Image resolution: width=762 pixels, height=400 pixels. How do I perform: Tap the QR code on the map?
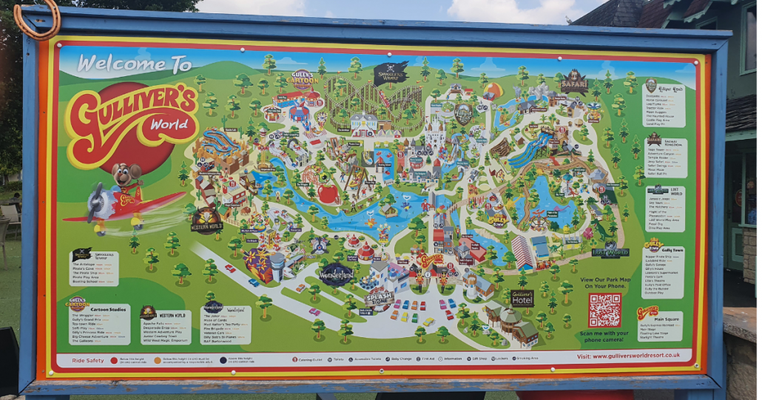[x=604, y=310]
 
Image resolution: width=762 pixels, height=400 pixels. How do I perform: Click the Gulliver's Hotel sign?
[x=522, y=297]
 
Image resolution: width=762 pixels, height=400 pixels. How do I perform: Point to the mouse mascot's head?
[x=126, y=176]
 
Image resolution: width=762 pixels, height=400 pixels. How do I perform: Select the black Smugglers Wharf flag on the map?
[x=390, y=72]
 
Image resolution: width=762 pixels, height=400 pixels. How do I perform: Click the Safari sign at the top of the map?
[x=573, y=82]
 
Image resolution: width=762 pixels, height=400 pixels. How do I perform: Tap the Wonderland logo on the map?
[x=337, y=274]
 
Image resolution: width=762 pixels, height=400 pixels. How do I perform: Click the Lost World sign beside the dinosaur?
[x=610, y=251]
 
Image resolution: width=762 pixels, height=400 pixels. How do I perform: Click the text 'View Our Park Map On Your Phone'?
[x=604, y=284]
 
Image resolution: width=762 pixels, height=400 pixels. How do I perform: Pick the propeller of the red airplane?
[x=96, y=203]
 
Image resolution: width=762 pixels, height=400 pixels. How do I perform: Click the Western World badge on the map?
[x=206, y=220]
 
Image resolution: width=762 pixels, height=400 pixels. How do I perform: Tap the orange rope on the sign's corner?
[x=37, y=18]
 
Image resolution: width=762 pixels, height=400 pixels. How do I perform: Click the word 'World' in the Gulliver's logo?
[x=169, y=124]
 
